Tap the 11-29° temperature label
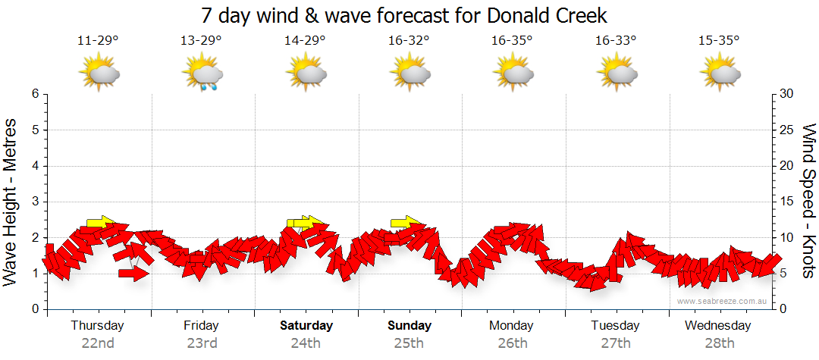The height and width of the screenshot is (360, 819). [98, 40]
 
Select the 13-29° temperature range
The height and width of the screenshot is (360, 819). [201, 40]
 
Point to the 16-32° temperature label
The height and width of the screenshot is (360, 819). [408, 40]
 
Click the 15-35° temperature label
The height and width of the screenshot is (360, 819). [718, 40]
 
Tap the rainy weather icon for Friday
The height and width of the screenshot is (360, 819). [202, 74]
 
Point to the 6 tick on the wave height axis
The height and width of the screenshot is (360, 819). [34, 94]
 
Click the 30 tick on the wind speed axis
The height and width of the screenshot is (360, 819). [787, 94]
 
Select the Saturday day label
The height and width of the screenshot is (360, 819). [306, 326]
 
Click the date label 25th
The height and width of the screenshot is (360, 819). [409, 343]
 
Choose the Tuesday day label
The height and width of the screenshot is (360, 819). [615, 326]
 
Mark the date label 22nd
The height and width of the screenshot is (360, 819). [98, 343]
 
